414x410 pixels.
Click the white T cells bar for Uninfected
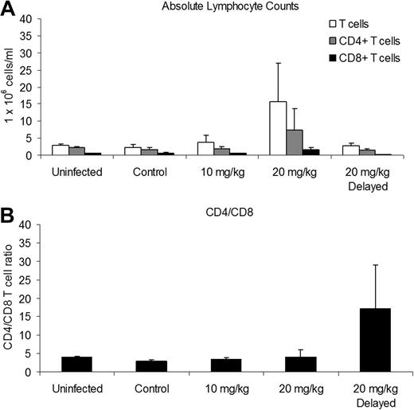pos(60,150)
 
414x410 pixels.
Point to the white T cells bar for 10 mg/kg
pos(205,149)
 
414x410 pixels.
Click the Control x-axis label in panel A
pos(149,171)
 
